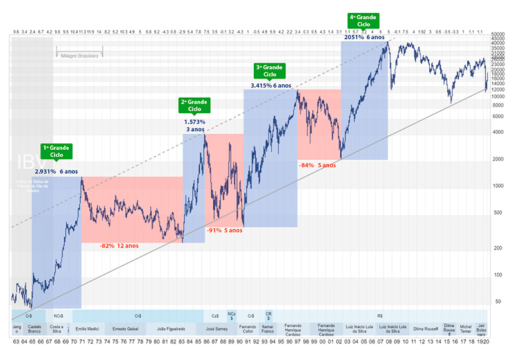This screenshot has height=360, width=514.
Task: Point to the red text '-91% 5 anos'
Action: point(224,230)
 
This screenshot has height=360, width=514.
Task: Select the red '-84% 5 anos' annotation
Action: point(317,165)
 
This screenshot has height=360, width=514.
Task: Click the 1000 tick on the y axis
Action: point(499,185)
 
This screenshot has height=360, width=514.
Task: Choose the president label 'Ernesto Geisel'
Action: point(125,328)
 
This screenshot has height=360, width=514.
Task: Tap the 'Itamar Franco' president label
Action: point(269,328)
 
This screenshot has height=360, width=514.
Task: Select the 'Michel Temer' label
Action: point(466,328)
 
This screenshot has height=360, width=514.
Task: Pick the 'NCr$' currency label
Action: point(58,316)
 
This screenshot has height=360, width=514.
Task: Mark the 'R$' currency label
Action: point(380,316)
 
